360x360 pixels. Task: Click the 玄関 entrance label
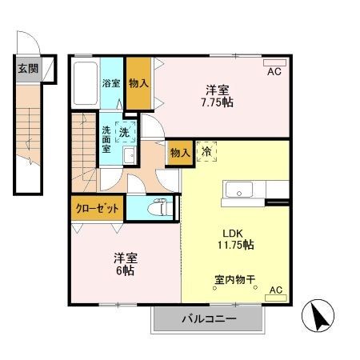(x=28, y=68)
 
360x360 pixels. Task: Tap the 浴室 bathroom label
(x=110, y=82)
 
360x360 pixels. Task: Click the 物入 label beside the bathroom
(x=137, y=82)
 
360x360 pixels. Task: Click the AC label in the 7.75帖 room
(x=274, y=72)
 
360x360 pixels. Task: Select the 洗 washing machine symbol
(x=126, y=131)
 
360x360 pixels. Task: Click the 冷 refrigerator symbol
(x=206, y=150)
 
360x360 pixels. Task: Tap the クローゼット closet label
(x=97, y=208)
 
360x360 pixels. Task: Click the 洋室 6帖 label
(x=125, y=265)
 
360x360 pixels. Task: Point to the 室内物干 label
(x=234, y=280)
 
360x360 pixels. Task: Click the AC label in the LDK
(x=275, y=290)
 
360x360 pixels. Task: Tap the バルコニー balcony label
(x=207, y=319)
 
